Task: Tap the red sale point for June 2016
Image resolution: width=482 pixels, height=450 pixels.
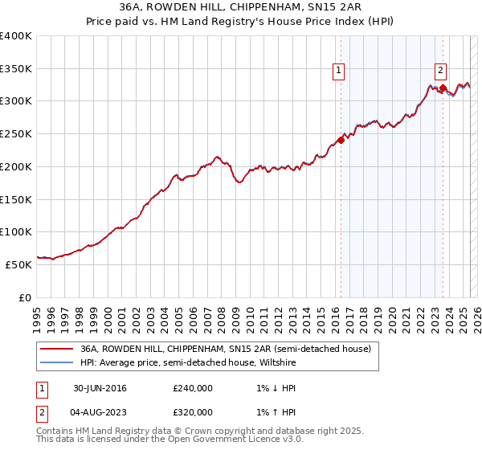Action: click(341, 140)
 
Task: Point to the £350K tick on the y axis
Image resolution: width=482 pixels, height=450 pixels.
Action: click(16, 69)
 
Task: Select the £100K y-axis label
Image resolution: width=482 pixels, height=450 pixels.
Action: click(16, 232)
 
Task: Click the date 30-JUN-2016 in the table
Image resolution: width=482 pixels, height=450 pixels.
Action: click(100, 388)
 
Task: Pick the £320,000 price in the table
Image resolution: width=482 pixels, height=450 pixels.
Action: click(193, 412)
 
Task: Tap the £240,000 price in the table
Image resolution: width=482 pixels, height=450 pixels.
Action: click(193, 388)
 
